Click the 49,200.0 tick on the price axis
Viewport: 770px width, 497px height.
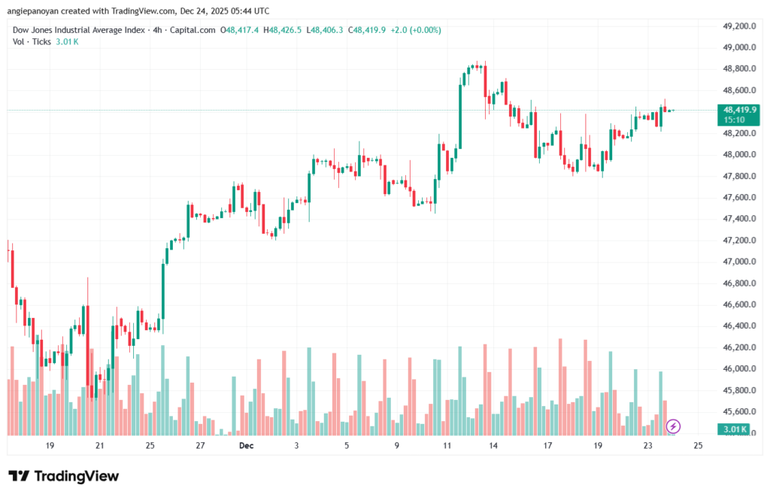(x=738, y=26)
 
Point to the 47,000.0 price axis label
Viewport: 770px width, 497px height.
(x=738, y=262)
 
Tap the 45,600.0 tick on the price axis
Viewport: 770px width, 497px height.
(x=738, y=412)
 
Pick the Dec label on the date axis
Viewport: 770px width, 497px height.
(x=246, y=445)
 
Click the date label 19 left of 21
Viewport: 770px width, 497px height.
(x=50, y=445)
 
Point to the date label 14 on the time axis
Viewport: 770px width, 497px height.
(x=493, y=445)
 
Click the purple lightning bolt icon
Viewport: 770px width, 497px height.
(x=673, y=426)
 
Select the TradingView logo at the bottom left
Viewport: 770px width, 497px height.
(x=64, y=476)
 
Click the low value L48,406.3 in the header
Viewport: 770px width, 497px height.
(x=324, y=30)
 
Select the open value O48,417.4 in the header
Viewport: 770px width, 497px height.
(x=239, y=30)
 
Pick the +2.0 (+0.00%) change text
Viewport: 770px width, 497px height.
(x=414, y=30)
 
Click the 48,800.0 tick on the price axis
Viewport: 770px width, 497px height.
(x=738, y=68)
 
